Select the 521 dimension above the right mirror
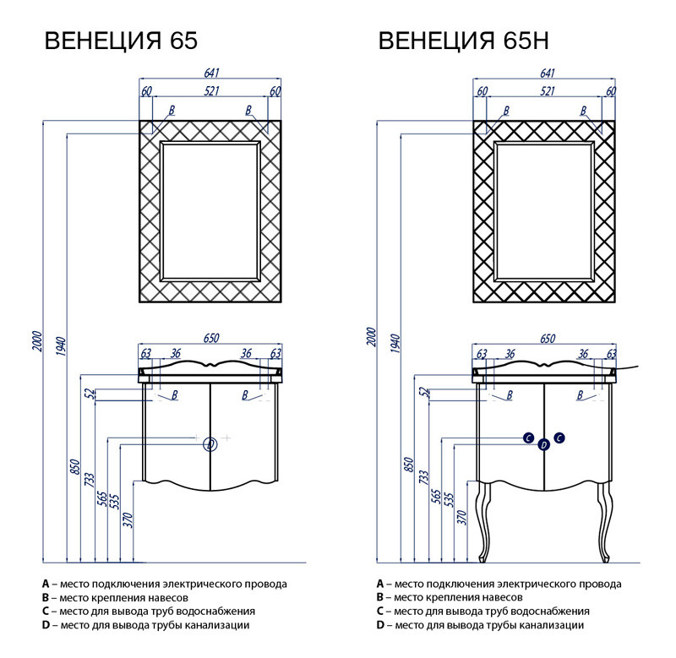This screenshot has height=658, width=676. tap(547, 90)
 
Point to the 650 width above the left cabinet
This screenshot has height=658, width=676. tap(210, 338)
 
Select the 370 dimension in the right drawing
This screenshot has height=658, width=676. tap(461, 519)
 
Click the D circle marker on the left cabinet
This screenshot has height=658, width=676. tap(211, 443)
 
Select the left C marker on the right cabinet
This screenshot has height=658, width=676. tap(528, 438)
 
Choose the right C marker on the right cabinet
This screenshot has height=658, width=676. tap(559, 438)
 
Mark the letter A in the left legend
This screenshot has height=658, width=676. tap(45, 584)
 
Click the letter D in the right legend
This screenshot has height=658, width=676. tap(380, 625)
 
